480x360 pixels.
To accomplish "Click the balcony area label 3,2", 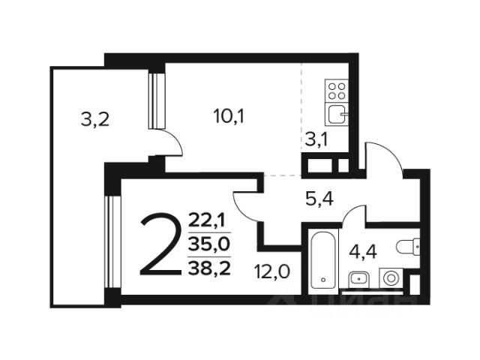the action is click(x=95, y=120).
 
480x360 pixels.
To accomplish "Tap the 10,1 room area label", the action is click(x=229, y=117).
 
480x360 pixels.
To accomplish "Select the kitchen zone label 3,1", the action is click(x=316, y=140).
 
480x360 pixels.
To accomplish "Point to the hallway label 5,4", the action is click(x=319, y=199).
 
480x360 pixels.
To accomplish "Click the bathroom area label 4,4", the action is click(x=363, y=253).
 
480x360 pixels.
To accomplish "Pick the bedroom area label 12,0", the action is click(x=271, y=271).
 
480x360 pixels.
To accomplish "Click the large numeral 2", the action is click(x=160, y=244).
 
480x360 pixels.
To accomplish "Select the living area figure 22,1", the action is click(x=207, y=220).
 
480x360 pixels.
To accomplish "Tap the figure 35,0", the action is click(x=209, y=244).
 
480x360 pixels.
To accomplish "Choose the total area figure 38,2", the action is click(x=209, y=268).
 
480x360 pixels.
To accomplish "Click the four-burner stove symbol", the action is click(x=337, y=91).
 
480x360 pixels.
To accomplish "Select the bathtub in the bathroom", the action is click(x=323, y=260).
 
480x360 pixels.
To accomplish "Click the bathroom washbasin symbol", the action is click(x=359, y=279).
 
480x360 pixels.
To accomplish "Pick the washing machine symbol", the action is click(x=391, y=278).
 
